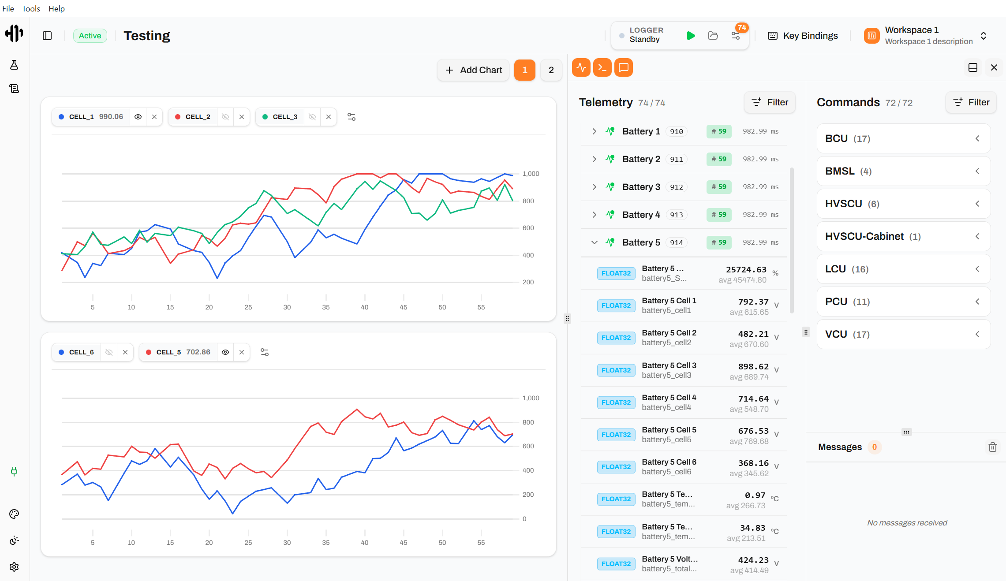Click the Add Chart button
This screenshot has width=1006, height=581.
(473, 70)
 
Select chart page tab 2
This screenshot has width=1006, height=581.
(551, 70)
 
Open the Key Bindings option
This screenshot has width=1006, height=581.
(803, 36)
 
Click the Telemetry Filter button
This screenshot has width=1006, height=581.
(770, 102)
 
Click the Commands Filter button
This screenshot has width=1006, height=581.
(971, 102)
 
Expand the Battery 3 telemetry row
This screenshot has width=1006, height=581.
(595, 187)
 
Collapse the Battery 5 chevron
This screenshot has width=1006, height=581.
(595, 242)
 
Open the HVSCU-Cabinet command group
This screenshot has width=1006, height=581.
(904, 236)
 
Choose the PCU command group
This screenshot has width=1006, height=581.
(904, 302)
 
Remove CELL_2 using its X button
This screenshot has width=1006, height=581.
(242, 117)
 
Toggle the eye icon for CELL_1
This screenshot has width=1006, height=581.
(138, 117)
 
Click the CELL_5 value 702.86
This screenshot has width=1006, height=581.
(198, 352)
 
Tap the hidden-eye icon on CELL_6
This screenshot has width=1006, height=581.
(109, 352)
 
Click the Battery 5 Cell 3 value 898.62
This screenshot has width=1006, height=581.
(753, 366)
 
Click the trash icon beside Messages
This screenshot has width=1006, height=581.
(993, 447)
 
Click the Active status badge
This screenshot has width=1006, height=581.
(90, 36)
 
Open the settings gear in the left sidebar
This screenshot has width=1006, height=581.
(14, 567)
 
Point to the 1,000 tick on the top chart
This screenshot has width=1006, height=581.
(531, 174)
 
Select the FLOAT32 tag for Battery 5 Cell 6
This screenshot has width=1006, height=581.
(616, 467)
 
